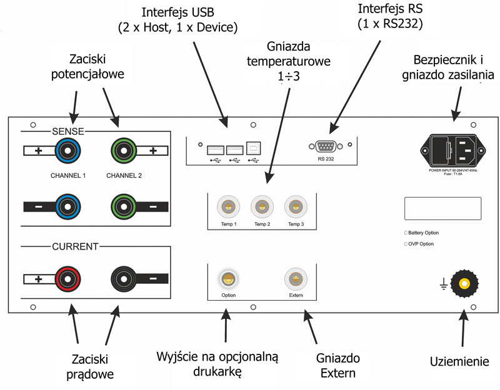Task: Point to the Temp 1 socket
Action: coord(226,207)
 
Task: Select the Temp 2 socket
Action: coord(261,207)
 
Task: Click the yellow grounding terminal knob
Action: coord(464,284)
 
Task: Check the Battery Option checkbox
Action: coord(406,232)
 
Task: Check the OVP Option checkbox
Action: coord(406,244)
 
